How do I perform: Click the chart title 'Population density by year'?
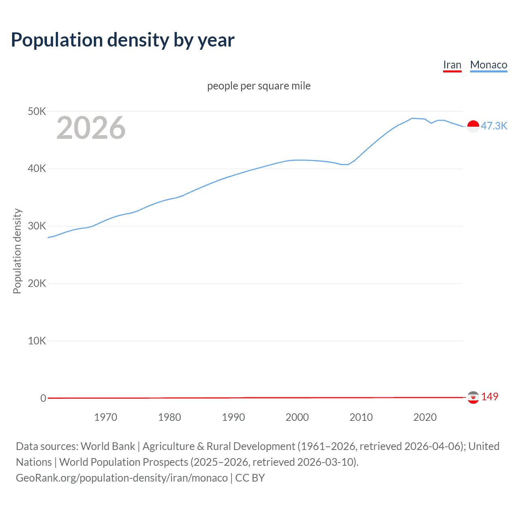[123, 40]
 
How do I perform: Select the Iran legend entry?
[452, 65]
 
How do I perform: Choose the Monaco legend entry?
[488, 65]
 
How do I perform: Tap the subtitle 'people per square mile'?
[259, 86]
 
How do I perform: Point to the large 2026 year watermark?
[91, 128]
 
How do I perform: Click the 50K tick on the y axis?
[37, 111]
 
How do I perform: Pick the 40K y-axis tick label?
[37, 169]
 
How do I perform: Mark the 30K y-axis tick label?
[37, 226]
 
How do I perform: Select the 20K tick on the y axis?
[37, 284]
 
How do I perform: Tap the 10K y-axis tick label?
[37, 341]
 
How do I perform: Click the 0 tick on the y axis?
[43, 398]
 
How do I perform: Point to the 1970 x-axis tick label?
[106, 417]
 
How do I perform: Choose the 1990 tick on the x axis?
[234, 417]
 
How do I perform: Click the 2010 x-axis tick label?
[361, 417]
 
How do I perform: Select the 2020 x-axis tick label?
[425, 417]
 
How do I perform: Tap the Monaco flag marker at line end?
[473, 126]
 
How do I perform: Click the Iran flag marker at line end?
[473, 397]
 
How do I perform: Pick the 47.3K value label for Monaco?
[494, 126]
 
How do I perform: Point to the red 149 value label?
[490, 397]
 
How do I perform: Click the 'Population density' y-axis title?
[17, 251]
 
